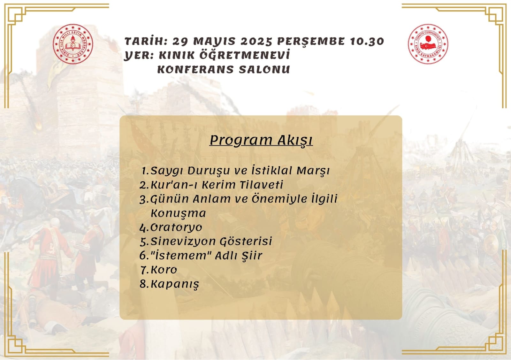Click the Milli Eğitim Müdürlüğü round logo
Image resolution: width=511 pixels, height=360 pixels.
click(73, 44)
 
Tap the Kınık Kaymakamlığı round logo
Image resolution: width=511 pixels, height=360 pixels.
click(428, 44)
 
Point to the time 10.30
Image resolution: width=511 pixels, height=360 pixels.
click(367, 42)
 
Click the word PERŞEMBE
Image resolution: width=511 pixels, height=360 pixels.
click(311, 42)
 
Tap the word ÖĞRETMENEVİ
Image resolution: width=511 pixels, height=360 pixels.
click(245, 55)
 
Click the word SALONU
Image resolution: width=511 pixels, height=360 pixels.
click(264, 69)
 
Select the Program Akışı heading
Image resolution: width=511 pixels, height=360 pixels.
click(261, 140)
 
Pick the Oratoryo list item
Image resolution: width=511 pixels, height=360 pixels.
click(171, 227)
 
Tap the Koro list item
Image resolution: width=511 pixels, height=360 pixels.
click(158, 270)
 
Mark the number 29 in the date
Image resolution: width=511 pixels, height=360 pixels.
click(180, 42)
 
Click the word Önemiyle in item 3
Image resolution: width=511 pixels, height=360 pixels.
click(279, 199)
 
